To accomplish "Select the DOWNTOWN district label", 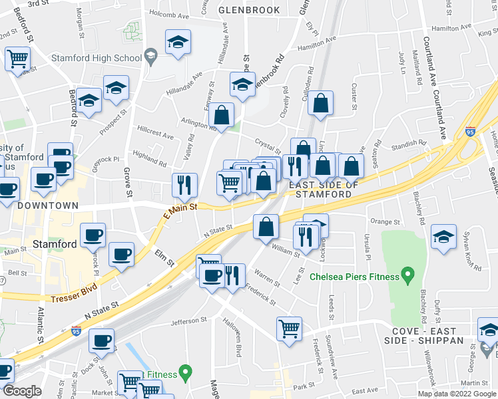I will coord(48,206).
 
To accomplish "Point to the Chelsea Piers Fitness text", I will coord(354,276).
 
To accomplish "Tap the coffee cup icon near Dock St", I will coord(101,340).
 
